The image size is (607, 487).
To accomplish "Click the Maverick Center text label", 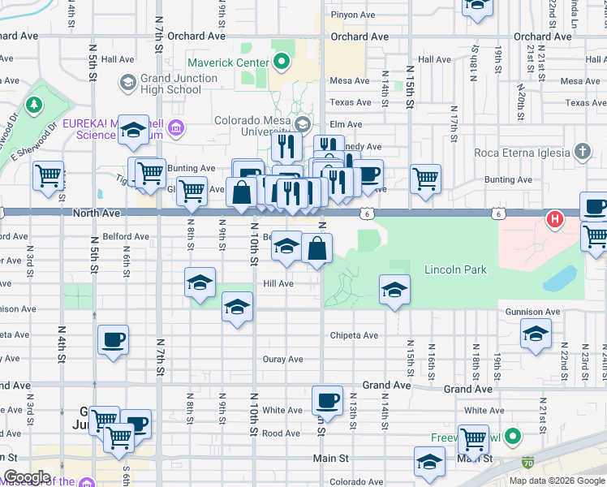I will click(x=228, y=62).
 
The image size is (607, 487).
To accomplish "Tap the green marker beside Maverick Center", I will click(x=282, y=61).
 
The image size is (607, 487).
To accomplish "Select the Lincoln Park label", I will click(x=455, y=269).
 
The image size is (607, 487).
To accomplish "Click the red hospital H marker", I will click(x=555, y=218).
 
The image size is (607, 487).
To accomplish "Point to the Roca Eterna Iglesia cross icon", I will click(x=581, y=151).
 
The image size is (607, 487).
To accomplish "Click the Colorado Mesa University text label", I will click(x=252, y=122).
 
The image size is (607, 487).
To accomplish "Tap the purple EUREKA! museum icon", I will click(x=177, y=127).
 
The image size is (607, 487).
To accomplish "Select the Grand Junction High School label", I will click(x=179, y=84).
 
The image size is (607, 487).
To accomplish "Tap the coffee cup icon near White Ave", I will click(x=328, y=400).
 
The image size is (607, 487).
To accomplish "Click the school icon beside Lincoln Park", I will click(x=394, y=290).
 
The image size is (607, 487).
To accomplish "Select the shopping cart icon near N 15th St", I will click(x=425, y=179).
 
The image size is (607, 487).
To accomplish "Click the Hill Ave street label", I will click(x=278, y=284).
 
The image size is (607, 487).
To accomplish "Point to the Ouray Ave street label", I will click(x=282, y=359).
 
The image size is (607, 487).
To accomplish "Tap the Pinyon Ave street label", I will click(x=352, y=15).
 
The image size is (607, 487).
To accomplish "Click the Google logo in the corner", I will click(x=26, y=477).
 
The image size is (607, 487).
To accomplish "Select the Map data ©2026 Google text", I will click(x=557, y=481).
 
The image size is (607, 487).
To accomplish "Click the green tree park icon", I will click(x=34, y=105).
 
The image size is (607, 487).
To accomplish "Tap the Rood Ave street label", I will click(x=281, y=433).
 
